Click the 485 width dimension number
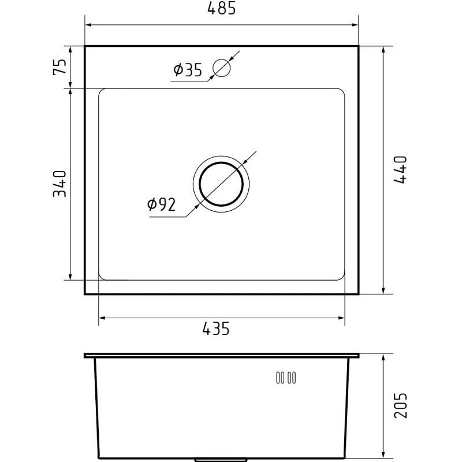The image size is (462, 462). [x=222, y=8]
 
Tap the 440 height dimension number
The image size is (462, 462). [x=400, y=170]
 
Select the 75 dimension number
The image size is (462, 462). [x=59, y=67]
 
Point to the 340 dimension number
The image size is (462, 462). [x=59, y=184]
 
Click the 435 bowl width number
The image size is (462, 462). [x=215, y=329]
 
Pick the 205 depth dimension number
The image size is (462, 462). [x=400, y=405]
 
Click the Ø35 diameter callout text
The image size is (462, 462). [x=188, y=70]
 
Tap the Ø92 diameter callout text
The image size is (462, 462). [x=161, y=204]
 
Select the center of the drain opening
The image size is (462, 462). [x=221, y=184]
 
